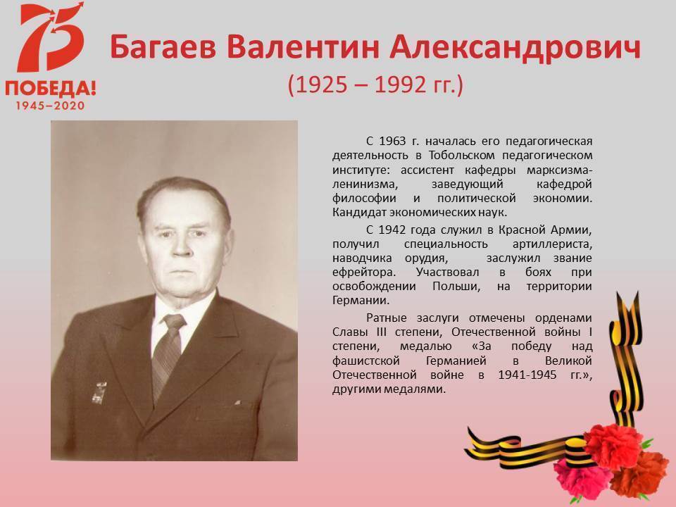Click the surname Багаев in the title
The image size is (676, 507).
[x=163, y=46]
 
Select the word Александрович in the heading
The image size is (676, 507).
[x=515, y=46]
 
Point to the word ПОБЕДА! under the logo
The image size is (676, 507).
[x=51, y=88]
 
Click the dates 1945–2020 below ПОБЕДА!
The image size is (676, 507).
[x=51, y=106]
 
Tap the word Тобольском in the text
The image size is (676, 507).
[x=461, y=155]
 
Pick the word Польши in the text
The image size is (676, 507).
[x=456, y=287]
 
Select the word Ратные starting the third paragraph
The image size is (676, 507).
[x=387, y=318]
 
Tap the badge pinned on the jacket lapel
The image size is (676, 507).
[x=99, y=392]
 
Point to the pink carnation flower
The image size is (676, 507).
[x=579, y=477]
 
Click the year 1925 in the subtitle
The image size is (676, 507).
[x=321, y=84]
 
